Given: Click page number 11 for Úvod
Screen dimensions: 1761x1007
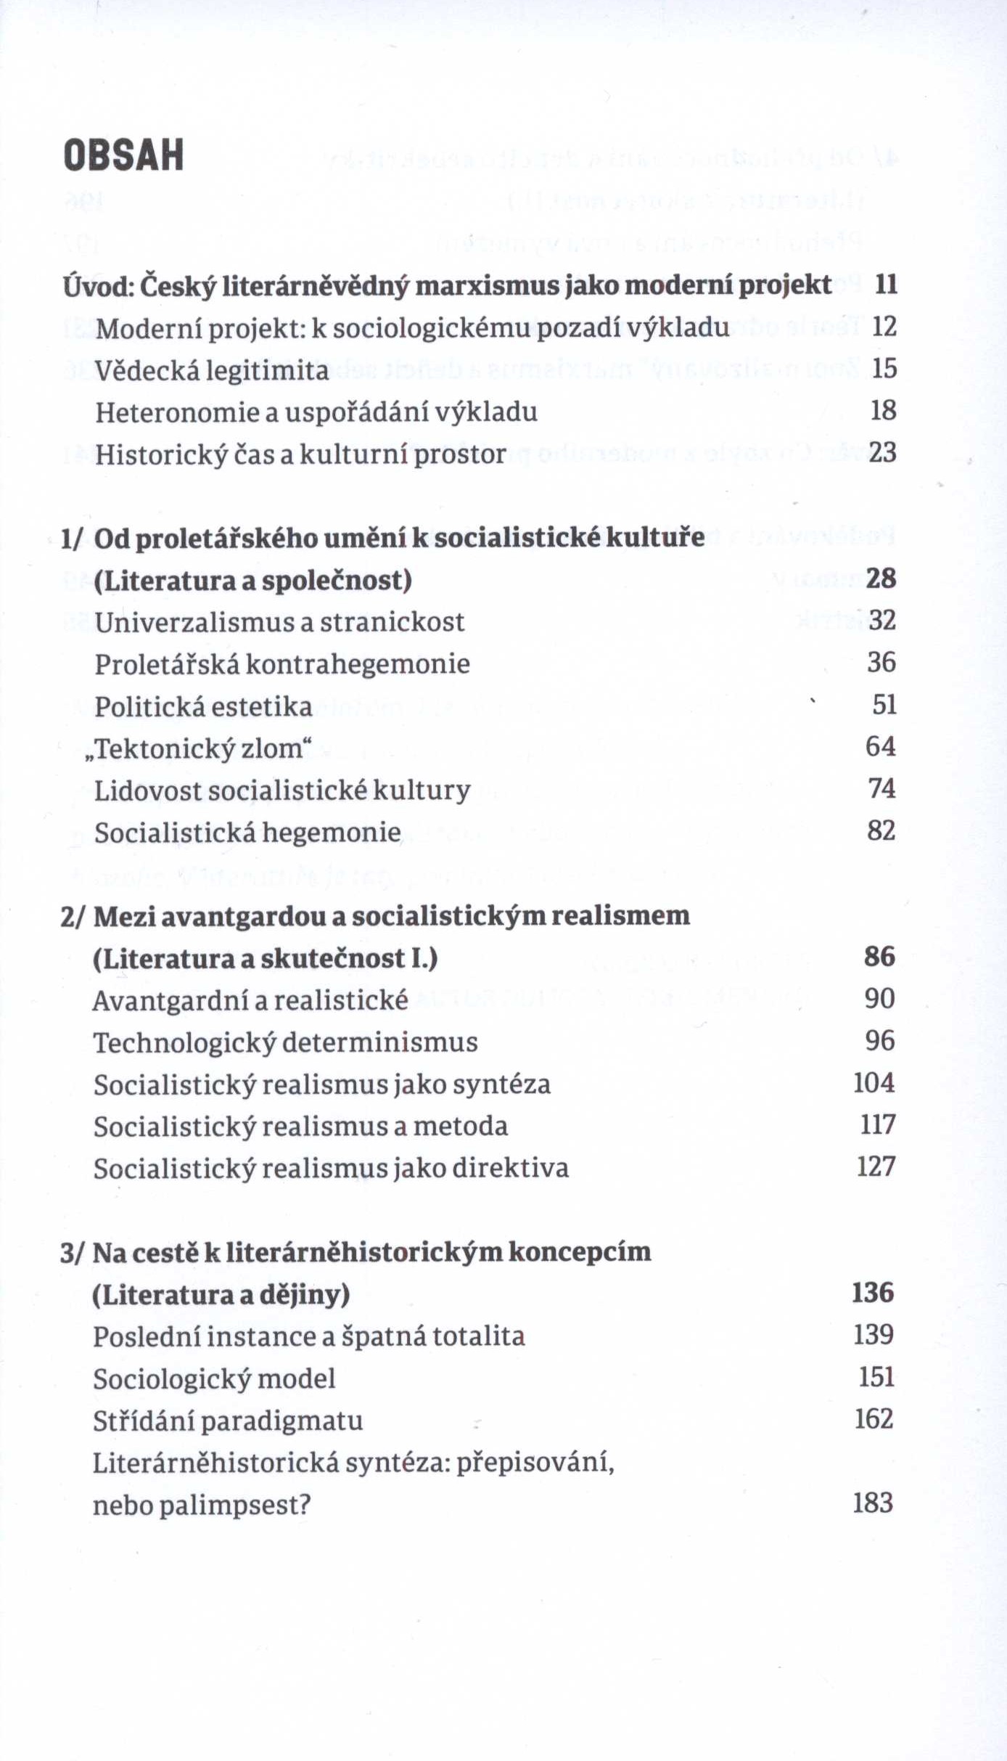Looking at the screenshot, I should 886,285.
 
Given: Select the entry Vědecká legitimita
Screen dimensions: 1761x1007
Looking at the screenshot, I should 212,370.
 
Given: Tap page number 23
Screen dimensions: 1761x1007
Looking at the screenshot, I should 883,453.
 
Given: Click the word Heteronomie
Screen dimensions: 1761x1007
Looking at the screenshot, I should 177,412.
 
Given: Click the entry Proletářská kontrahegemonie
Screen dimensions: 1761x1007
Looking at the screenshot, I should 282,664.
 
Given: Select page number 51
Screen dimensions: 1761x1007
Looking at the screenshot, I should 884,705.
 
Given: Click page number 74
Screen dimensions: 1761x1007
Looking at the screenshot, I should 882,788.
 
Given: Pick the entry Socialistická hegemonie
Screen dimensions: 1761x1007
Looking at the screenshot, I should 247,833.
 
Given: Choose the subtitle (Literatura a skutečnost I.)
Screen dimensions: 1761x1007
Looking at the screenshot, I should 266,959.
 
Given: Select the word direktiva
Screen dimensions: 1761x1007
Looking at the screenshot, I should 511,1169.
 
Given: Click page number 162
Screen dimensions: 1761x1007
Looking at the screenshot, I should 874,1420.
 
